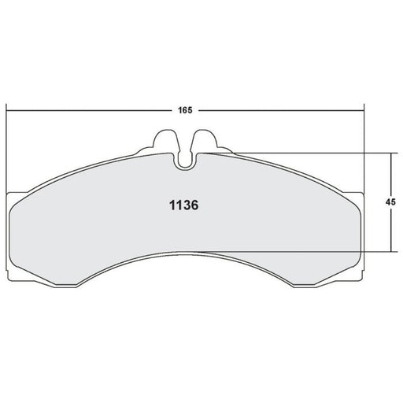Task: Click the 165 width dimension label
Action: pos(185,110)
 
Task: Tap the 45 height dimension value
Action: pos(390,202)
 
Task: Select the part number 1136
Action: pos(184,205)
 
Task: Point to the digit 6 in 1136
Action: pos(194,205)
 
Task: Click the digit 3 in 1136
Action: pos(187,205)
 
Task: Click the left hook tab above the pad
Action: pos(165,141)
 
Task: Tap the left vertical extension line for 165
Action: pos(6,149)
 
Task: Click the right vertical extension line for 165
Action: pos(364,149)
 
